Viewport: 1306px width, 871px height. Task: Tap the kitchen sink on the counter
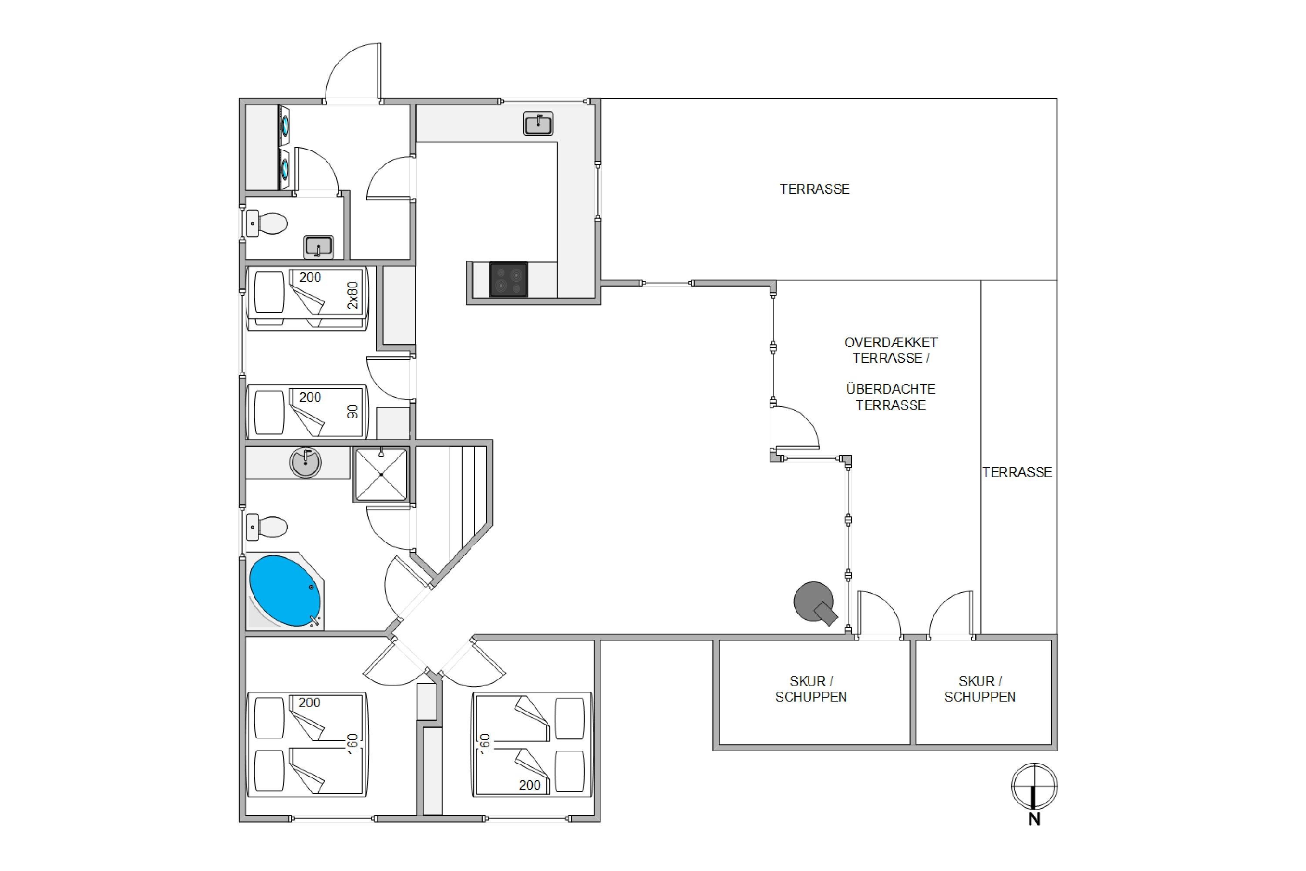point(538,123)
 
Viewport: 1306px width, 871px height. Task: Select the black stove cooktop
point(508,280)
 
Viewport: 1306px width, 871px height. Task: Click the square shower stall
point(381,475)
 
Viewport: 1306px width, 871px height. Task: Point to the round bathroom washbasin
point(306,462)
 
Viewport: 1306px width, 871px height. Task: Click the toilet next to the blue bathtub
point(267,527)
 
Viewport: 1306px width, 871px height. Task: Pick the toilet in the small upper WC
point(267,223)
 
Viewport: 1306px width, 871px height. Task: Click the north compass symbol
point(1034,786)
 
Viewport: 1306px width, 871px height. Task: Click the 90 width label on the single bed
point(353,412)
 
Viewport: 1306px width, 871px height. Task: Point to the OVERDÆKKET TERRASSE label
point(891,350)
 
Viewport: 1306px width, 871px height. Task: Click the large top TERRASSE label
point(815,189)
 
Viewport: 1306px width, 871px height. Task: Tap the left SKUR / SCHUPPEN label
point(811,689)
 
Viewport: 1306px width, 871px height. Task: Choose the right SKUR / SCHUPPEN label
point(980,689)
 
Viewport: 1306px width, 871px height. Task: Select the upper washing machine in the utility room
point(284,125)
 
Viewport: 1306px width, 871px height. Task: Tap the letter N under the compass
point(1034,819)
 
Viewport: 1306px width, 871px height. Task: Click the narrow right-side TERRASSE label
point(1017,472)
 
